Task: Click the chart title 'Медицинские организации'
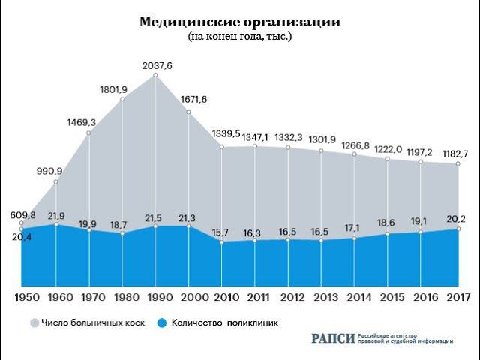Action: click(240, 22)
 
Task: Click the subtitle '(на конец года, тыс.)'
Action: click(240, 36)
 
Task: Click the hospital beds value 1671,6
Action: click(193, 100)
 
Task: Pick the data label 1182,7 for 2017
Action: click(456, 154)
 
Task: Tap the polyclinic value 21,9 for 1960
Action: click(57, 216)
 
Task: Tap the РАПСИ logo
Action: click(332, 338)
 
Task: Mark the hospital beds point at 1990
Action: click(156, 75)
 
